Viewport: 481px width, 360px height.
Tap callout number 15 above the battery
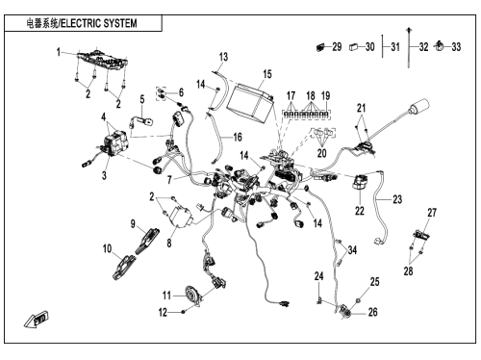click(x=267, y=74)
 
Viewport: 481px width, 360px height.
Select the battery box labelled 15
click(x=251, y=102)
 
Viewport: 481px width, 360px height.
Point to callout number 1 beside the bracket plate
click(x=59, y=52)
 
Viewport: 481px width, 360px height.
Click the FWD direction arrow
click(x=36, y=319)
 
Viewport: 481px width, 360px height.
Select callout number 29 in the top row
click(x=337, y=47)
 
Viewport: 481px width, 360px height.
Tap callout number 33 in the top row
click(x=456, y=47)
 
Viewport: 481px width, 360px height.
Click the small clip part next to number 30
click(x=354, y=47)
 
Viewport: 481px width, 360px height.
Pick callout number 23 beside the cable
click(x=397, y=199)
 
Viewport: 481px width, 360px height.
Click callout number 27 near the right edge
click(x=432, y=213)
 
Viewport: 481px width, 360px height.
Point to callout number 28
click(x=408, y=271)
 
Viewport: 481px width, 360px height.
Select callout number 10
click(x=107, y=248)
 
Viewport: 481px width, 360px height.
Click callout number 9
click(x=133, y=224)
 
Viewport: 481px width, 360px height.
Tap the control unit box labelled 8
click(x=181, y=218)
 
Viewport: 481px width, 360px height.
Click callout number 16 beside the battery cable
click(x=238, y=138)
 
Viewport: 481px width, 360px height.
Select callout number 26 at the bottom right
click(x=373, y=312)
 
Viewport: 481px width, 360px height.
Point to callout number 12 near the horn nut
click(x=163, y=312)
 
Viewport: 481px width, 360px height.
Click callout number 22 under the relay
click(x=360, y=211)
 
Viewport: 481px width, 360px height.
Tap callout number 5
click(x=142, y=99)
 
